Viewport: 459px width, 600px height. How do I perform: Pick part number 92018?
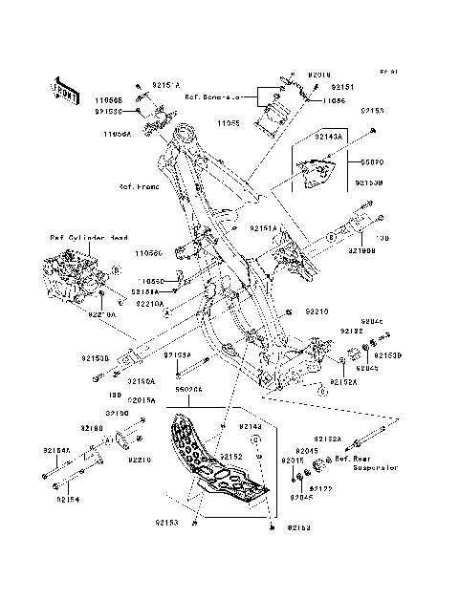319,74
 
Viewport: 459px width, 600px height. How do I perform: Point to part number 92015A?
168,400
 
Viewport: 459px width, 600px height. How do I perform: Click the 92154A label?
57,449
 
